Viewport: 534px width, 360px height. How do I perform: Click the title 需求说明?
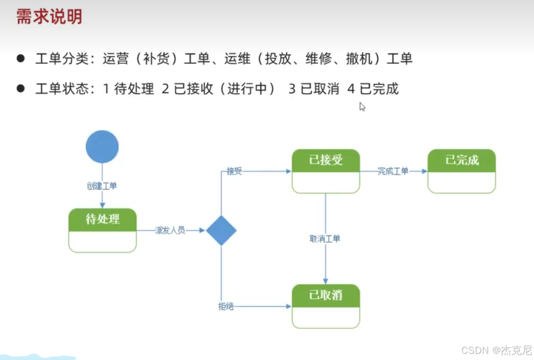(49, 17)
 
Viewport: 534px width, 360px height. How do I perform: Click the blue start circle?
(102, 147)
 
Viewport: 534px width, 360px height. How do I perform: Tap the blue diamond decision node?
(221, 230)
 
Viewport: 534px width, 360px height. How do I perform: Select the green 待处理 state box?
(103, 230)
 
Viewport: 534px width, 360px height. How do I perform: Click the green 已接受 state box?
(326, 171)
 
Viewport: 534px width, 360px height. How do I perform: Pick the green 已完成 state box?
(462, 171)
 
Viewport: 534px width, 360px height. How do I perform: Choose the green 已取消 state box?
(326, 306)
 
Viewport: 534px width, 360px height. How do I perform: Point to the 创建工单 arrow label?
(102, 186)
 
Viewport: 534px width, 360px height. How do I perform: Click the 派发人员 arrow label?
(170, 230)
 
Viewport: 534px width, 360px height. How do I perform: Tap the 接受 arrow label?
(235, 171)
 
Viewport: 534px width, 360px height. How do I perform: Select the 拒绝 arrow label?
(226, 306)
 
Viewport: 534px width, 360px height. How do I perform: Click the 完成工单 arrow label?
(393, 171)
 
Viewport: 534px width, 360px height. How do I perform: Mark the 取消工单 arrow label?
(325, 239)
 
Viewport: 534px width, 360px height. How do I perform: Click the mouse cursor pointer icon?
(362, 107)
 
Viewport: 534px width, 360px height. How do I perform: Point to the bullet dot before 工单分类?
(21, 58)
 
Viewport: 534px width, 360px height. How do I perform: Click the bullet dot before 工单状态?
(21, 88)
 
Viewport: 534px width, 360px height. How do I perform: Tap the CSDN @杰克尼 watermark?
(496, 350)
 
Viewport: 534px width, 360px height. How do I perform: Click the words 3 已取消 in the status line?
(314, 89)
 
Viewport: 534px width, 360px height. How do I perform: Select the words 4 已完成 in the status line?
(373, 89)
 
